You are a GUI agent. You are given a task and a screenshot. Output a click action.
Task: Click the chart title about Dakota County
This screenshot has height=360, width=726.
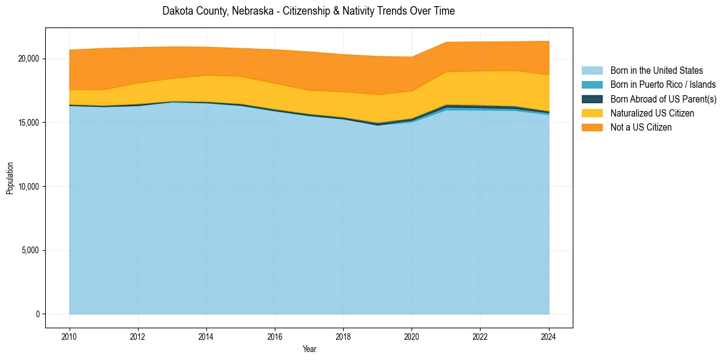308,11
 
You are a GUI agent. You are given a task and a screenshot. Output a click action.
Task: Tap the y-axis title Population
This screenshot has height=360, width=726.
10,178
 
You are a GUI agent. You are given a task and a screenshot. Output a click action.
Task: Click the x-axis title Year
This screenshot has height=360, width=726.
309,349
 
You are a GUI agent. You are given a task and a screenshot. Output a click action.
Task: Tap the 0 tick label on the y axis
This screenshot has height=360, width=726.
37,314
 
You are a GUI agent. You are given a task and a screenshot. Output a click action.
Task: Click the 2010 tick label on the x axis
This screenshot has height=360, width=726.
70,336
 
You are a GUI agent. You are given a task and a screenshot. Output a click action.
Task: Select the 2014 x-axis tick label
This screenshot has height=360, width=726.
206,336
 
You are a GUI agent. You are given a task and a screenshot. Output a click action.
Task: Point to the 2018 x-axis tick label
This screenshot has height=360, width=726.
343,336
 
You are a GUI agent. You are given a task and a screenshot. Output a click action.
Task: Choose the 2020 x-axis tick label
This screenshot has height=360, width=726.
412,336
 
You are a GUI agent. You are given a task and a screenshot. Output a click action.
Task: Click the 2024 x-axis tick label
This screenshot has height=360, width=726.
549,336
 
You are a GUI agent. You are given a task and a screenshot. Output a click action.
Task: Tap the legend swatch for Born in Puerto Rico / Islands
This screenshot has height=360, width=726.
592,85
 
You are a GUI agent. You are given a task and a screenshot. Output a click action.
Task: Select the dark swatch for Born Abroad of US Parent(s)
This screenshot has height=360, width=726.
592,99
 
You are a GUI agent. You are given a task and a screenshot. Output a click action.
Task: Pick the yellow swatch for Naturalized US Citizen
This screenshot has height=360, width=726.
592,113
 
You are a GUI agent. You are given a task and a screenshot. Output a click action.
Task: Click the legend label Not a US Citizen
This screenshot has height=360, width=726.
641,128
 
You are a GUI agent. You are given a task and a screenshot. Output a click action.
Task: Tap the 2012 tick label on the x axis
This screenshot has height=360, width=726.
138,336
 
